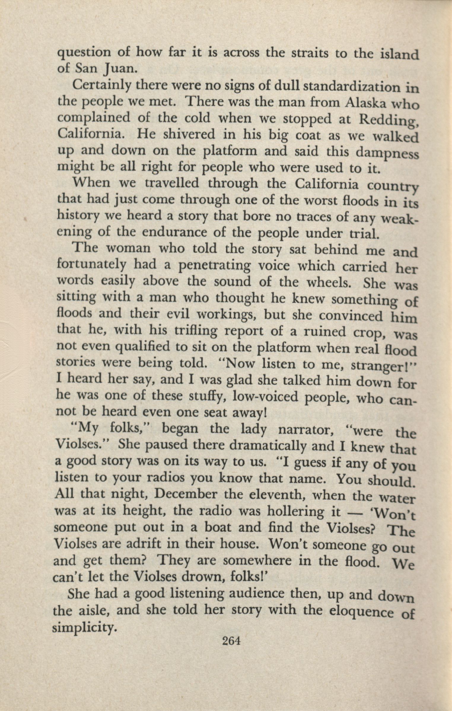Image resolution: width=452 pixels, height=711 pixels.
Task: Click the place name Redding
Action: [389, 120]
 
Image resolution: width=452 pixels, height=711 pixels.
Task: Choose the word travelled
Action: [172, 183]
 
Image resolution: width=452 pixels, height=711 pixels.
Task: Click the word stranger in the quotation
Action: [371, 366]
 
